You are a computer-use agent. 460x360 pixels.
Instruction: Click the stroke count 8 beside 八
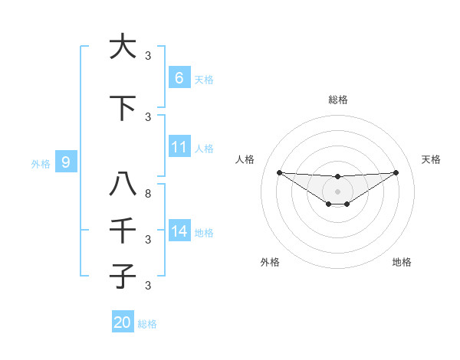click(x=148, y=194)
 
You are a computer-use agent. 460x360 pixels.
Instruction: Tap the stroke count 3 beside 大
click(x=148, y=55)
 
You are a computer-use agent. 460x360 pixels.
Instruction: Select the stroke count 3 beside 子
click(x=148, y=285)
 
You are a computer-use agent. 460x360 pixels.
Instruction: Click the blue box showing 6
click(x=179, y=77)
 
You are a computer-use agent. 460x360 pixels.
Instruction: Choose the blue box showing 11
click(x=179, y=147)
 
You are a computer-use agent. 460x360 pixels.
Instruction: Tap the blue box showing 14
click(x=179, y=231)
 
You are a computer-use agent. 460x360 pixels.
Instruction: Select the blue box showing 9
click(x=66, y=162)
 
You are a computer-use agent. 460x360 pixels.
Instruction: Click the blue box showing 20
click(x=122, y=322)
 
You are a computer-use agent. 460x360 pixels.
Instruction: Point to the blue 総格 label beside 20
click(x=147, y=324)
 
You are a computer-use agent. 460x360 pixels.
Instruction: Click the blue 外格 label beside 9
click(x=40, y=164)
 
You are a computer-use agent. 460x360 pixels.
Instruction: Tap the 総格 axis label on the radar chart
click(x=337, y=100)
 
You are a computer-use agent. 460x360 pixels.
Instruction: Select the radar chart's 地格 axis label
click(x=402, y=262)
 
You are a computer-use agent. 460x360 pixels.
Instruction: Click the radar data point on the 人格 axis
click(x=279, y=172)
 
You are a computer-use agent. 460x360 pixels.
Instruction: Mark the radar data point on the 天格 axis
click(x=396, y=172)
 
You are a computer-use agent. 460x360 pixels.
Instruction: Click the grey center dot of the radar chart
click(x=337, y=191)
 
